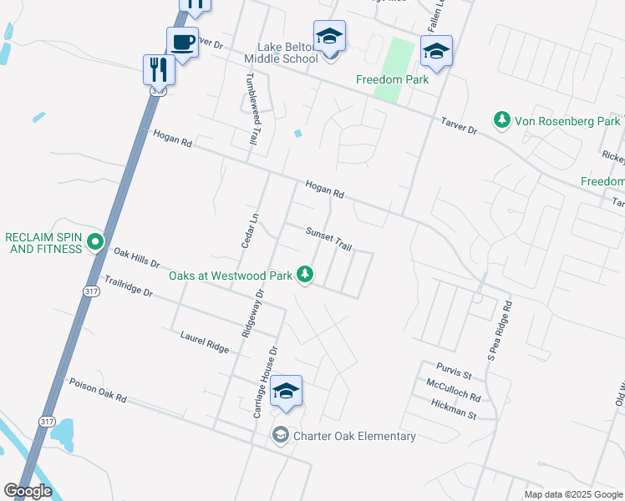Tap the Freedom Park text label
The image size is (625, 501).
click(392, 79)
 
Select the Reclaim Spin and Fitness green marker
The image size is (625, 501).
click(95, 243)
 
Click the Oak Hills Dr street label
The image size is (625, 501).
click(136, 257)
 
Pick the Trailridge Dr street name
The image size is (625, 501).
click(128, 286)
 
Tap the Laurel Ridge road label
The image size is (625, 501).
click(204, 342)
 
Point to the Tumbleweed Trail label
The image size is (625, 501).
click(249, 109)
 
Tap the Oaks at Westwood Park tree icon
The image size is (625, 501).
click(307, 274)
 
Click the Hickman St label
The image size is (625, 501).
click(454, 410)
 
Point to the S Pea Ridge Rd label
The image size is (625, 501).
click(505, 334)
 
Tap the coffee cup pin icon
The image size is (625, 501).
click(181, 42)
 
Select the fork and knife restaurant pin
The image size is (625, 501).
click(158, 68)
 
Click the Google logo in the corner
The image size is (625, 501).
click(28, 491)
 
